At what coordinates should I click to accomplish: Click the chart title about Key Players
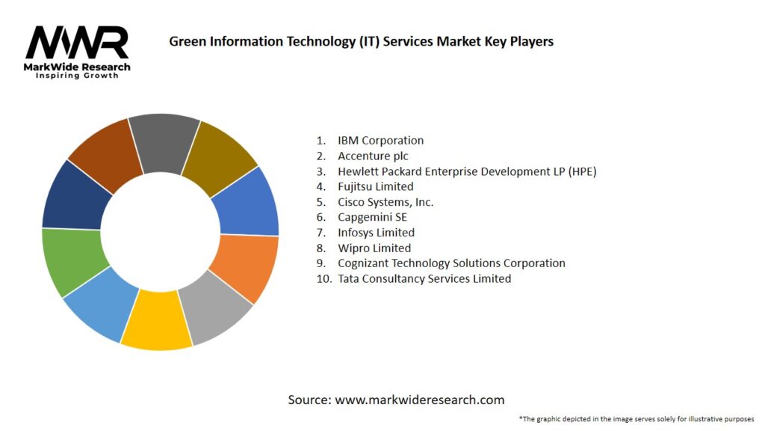tap(361, 41)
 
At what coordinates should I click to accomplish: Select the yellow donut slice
tap(156, 321)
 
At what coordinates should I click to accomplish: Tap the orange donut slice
tap(244, 267)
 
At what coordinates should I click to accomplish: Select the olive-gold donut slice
tap(218, 154)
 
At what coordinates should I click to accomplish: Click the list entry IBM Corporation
tap(380, 141)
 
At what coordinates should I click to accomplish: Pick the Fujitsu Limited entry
tap(375, 186)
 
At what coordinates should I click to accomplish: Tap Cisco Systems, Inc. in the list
tap(385, 202)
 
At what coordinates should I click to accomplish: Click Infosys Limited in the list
tap(376, 233)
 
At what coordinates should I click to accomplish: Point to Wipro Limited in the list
tap(374, 248)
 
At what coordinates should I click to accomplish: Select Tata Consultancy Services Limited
tap(424, 278)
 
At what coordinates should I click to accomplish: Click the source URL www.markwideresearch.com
tap(419, 400)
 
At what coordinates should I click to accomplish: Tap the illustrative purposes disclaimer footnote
tap(636, 418)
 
